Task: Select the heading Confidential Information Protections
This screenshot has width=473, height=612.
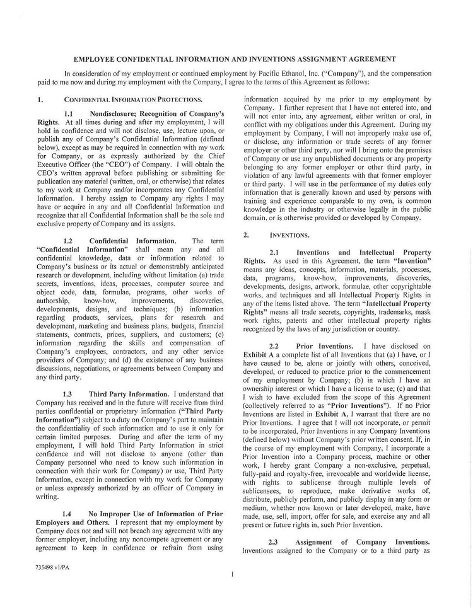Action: pyautogui.click(x=133, y=100)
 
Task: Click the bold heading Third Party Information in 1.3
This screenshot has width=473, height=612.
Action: pyautogui.click(x=129, y=394)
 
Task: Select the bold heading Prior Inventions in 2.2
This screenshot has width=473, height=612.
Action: pyautogui.click(x=324, y=346)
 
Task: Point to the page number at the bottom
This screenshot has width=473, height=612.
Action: pyautogui.click(x=233, y=574)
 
